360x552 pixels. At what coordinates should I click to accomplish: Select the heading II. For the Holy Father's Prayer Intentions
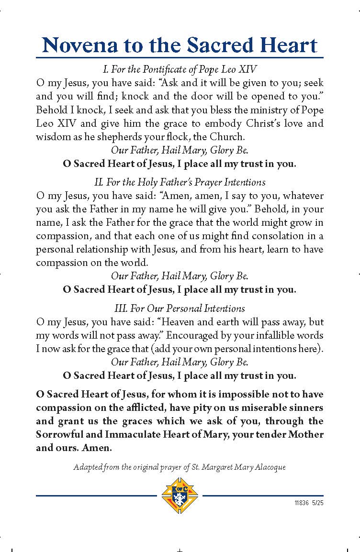point(180,182)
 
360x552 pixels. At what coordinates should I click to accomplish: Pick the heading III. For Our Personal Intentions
point(180,309)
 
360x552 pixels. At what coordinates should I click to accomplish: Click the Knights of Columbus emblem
point(180,495)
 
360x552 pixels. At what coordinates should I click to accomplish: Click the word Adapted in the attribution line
point(86,467)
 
